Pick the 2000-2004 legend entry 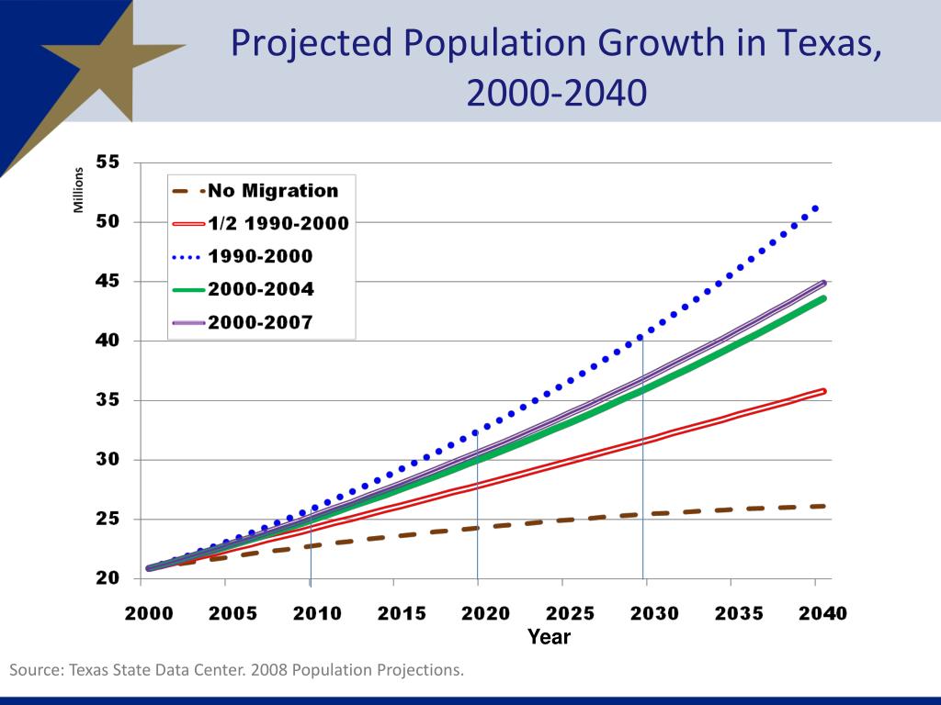(261, 289)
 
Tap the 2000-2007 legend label (261, 322)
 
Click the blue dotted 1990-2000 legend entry (260, 256)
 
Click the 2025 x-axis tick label (570, 614)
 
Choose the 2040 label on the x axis (822, 614)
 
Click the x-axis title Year (549, 636)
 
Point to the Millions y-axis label (79, 190)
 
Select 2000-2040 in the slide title (556, 92)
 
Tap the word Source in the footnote (33, 670)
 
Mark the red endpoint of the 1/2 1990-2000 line (823, 391)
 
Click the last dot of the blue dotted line (815, 209)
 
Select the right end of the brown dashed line (823, 506)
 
